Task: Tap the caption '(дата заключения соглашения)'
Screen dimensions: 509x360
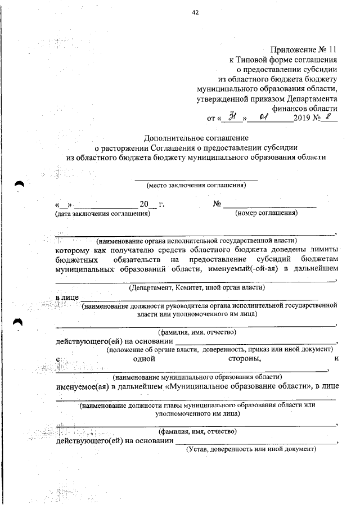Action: click(102, 213)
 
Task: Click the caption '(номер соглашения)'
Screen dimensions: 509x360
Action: click(266, 213)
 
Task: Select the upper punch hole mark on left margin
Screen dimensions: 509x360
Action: click(20, 184)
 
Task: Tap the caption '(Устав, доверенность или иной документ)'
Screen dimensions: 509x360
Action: click(251, 449)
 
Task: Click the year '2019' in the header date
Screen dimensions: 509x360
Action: click(303, 119)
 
